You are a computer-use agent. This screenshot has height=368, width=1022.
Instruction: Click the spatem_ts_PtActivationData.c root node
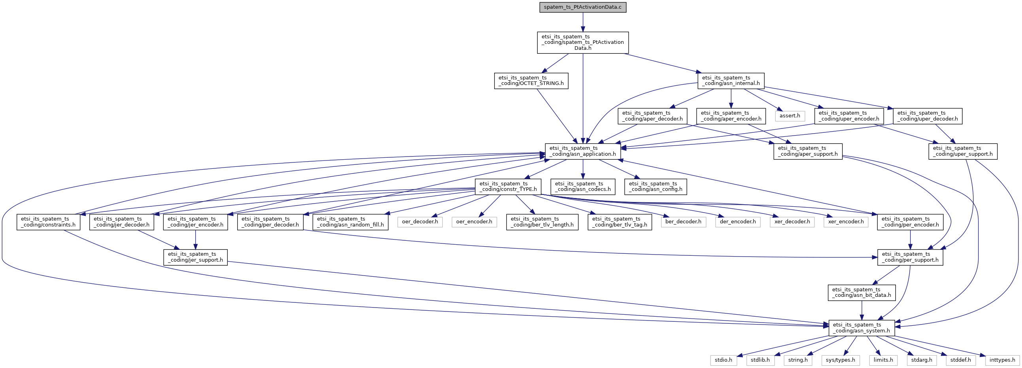(582, 7)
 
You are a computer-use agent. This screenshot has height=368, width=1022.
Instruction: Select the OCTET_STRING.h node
(531, 81)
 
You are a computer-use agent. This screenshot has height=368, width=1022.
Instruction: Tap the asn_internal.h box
(730, 81)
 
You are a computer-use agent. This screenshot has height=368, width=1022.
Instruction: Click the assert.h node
(790, 116)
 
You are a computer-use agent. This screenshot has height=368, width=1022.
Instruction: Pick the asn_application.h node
(582, 151)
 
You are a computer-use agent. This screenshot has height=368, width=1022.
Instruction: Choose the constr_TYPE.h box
(508, 187)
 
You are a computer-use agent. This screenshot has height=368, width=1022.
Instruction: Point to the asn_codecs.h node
(582, 187)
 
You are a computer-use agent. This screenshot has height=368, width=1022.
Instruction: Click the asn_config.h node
(655, 187)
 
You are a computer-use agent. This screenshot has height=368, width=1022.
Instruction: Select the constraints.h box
(48, 222)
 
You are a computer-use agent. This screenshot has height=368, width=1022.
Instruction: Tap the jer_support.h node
(195, 257)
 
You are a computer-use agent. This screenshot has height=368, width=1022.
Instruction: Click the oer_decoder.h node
(420, 222)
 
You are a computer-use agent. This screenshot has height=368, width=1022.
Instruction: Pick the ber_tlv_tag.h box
(619, 222)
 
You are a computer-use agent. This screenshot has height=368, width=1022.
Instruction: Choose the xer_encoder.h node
(846, 222)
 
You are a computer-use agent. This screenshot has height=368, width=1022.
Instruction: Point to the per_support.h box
(910, 257)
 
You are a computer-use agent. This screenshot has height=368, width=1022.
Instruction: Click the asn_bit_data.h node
(861, 292)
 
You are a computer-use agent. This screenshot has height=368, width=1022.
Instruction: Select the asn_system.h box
(861, 328)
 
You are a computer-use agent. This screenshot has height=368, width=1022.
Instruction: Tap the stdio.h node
(724, 360)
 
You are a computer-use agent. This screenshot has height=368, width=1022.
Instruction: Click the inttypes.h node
(1002, 360)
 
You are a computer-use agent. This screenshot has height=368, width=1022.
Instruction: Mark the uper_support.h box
(962, 151)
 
